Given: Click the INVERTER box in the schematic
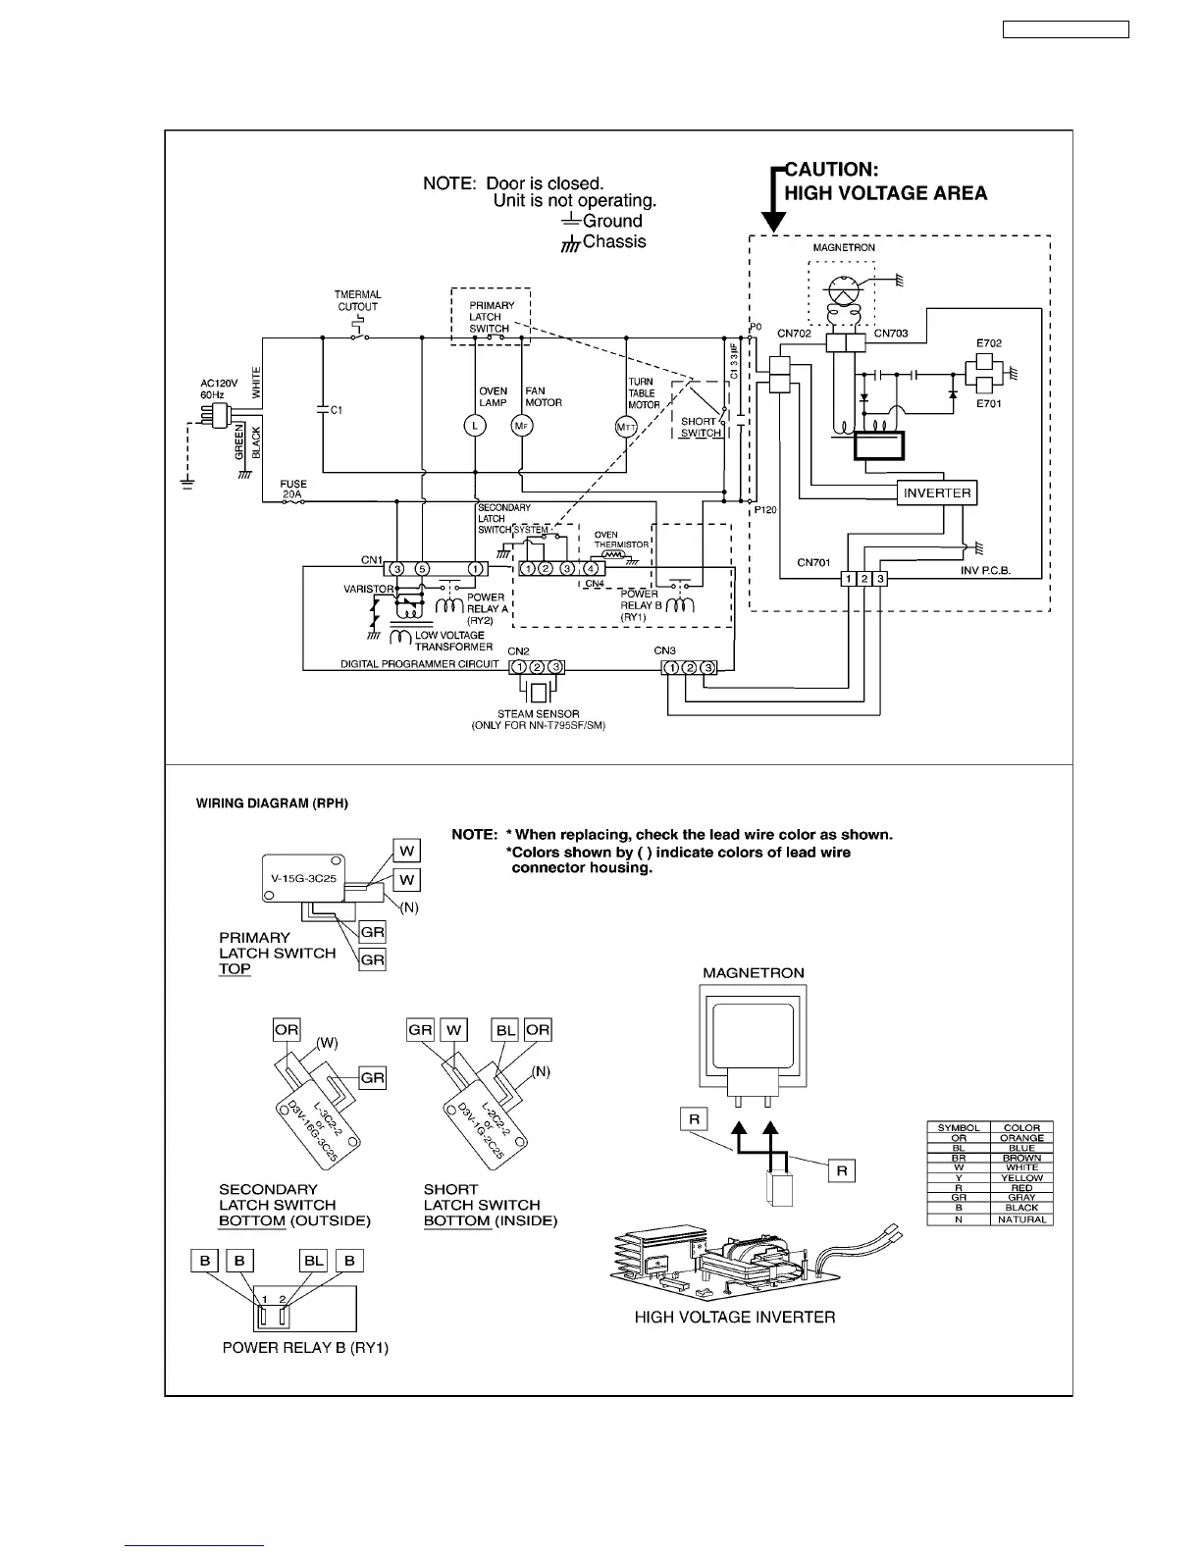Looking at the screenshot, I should tap(937, 492).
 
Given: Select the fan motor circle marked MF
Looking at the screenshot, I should tap(520, 426).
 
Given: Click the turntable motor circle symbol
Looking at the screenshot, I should tap(626, 426).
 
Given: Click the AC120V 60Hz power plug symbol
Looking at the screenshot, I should tap(212, 416).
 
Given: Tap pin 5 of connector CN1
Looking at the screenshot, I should tap(422, 569).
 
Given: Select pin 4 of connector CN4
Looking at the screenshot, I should tap(591, 569).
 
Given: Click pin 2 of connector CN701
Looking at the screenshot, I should tap(864, 579).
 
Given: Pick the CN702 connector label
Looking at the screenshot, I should tap(794, 334).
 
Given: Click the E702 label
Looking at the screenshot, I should tap(988, 343).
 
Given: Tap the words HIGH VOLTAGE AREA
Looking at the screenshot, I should tap(885, 193).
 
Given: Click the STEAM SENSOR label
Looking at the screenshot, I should tap(538, 714).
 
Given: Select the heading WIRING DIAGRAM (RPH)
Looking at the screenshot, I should tap(273, 803).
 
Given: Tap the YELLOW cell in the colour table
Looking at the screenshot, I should tap(1021, 1178).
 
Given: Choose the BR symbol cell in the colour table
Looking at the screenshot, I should tap(959, 1158).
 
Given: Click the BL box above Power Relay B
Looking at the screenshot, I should tap(313, 1261).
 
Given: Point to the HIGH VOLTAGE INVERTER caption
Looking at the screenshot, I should tap(735, 1317).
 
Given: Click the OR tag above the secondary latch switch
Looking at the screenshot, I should tap(287, 1029).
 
